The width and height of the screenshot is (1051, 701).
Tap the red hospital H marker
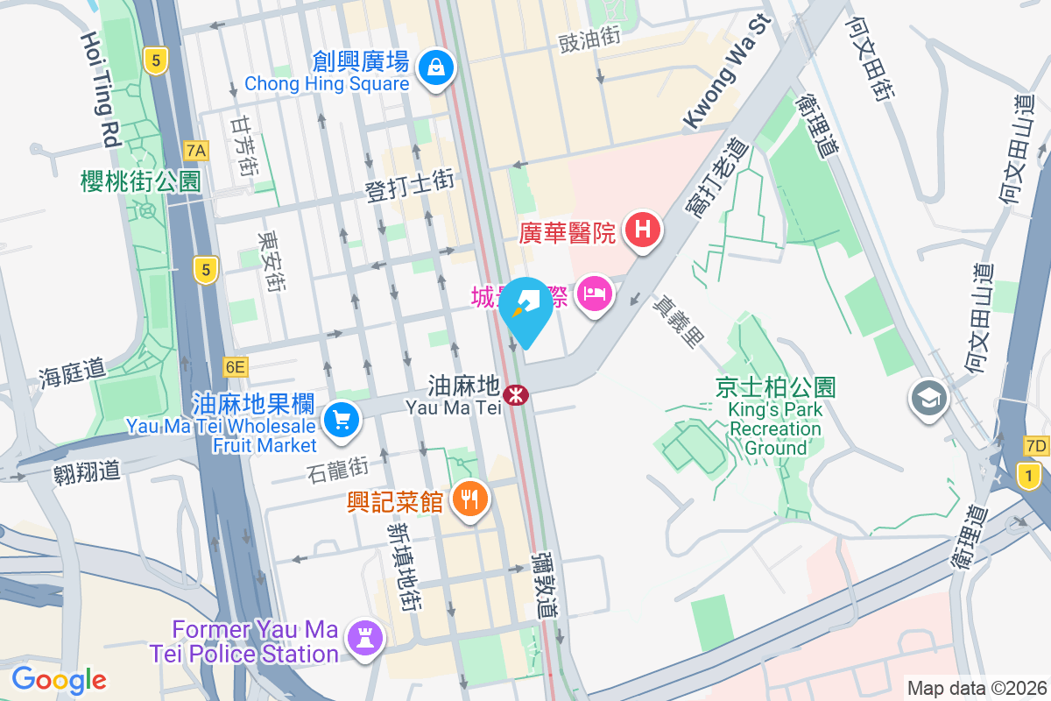pos(642,231)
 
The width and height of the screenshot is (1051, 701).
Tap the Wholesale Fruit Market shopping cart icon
pos(342,421)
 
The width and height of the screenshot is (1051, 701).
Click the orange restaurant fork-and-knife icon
pos(470,500)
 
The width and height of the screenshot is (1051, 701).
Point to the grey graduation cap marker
pos(928,399)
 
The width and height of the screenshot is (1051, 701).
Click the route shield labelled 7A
pos(196,151)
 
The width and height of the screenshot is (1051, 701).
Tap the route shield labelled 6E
pos(235,367)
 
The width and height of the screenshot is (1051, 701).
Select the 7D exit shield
pos(1035,447)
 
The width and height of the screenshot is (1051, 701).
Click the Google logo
pos(59,680)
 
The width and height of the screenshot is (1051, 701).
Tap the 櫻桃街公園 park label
pos(140,181)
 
